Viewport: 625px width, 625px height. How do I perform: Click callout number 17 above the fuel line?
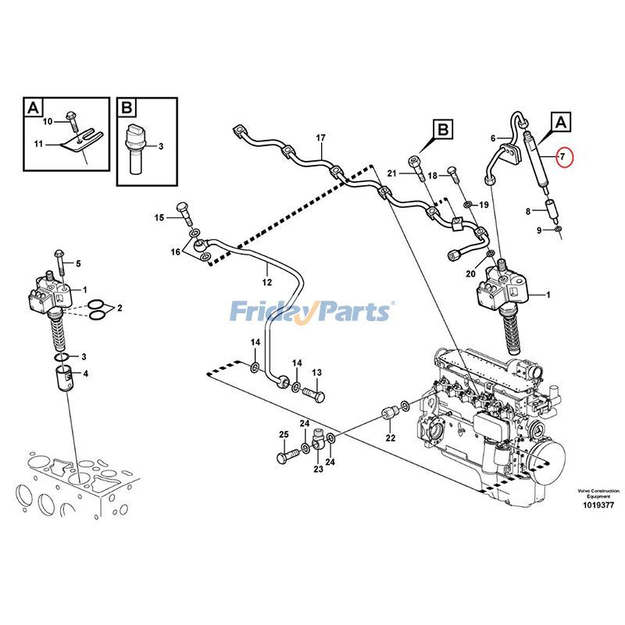(320, 138)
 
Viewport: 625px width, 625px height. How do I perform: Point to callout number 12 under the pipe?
(266, 281)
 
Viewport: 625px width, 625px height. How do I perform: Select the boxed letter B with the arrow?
(442, 129)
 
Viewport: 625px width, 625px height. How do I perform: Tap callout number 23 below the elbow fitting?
(318, 469)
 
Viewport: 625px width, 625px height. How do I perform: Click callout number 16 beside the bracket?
(176, 252)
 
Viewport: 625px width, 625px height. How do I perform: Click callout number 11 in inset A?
(38, 144)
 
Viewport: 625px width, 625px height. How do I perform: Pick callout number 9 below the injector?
(538, 230)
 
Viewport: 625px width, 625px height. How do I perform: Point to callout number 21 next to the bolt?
(392, 173)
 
